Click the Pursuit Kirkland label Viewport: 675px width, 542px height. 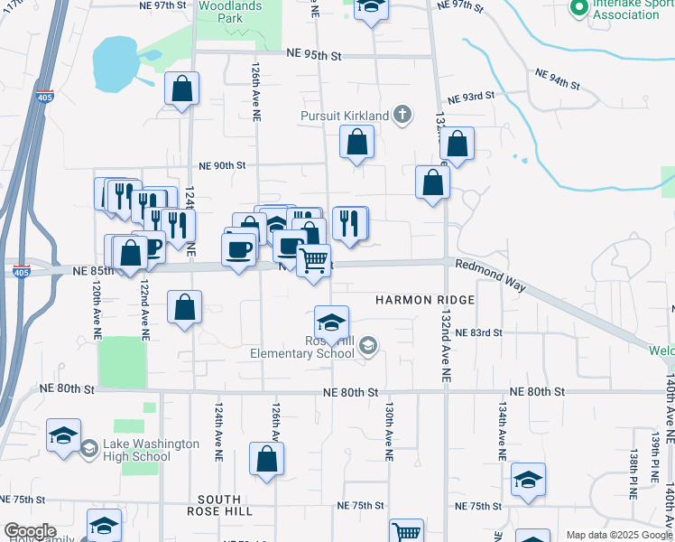(345, 116)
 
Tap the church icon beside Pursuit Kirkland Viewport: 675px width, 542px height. (402, 115)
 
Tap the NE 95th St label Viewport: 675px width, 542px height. (312, 55)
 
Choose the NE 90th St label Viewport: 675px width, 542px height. (222, 165)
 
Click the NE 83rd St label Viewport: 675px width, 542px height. (478, 332)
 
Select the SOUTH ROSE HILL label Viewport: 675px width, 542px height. (219, 506)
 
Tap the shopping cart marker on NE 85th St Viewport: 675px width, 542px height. (313, 261)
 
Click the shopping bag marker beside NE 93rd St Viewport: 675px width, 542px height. (458, 143)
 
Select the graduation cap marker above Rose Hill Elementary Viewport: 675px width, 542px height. (331, 322)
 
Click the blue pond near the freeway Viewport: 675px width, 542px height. (116, 63)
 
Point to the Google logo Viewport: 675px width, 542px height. (30, 531)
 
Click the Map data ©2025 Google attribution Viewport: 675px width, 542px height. (619, 535)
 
